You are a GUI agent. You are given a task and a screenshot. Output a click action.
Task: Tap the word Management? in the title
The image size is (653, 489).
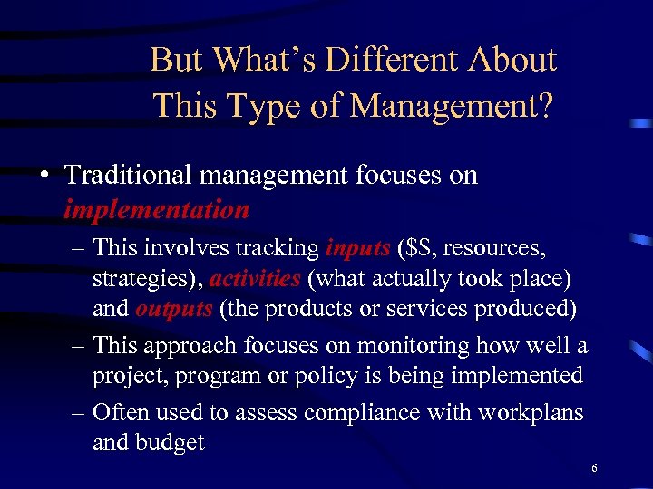tap(453, 107)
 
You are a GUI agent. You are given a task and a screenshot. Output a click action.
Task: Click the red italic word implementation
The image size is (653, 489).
tap(156, 210)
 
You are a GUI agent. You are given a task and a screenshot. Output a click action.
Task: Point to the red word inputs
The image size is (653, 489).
tap(356, 247)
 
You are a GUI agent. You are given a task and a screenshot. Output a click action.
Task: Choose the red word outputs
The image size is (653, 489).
tap(173, 308)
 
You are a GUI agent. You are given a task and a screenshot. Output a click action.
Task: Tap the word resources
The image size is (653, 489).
tap(491, 247)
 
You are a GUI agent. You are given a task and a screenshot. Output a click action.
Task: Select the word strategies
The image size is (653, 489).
tap(136, 278)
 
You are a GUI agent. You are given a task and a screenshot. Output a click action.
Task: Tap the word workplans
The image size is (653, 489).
tap(530, 412)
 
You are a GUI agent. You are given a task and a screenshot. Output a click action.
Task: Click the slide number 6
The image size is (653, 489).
tap(594, 468)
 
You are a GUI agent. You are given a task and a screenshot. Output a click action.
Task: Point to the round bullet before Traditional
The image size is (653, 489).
tap(44, 175)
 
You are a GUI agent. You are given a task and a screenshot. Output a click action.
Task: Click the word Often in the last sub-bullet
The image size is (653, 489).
tap(122, 412)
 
